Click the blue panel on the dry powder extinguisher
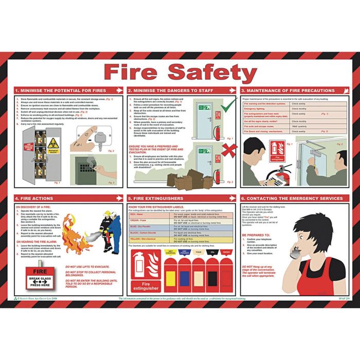click(185, 278)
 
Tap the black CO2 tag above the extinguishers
click(212, 252)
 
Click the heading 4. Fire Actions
click(35, 198)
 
